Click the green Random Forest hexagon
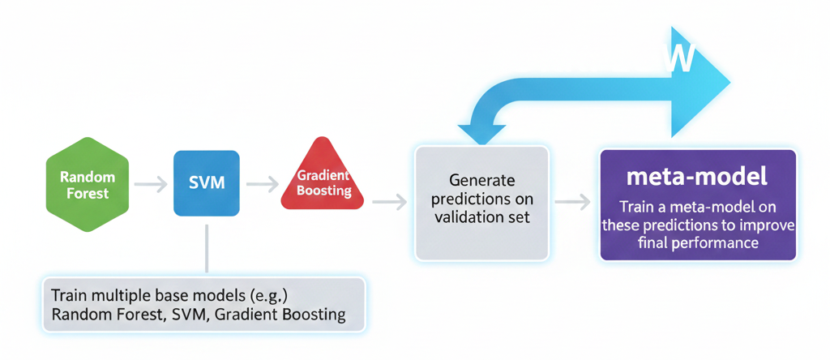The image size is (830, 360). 88,184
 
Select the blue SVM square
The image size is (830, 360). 207,183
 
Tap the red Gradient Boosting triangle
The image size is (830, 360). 323,174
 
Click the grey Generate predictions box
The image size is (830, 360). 481,204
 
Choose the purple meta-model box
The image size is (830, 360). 698,205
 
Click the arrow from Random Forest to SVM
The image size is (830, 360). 151,184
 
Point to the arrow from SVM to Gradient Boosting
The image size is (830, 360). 263,184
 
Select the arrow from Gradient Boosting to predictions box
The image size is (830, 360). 389,202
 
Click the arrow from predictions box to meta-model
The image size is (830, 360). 572,202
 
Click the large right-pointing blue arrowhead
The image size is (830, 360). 700,82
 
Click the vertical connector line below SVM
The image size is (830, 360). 207,248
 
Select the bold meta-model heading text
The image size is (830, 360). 696,177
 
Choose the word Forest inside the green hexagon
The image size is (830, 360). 88,193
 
